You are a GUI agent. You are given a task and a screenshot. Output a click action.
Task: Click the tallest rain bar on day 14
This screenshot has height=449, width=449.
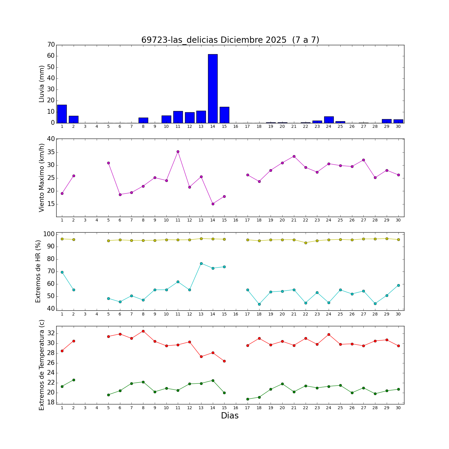tap(213, 88)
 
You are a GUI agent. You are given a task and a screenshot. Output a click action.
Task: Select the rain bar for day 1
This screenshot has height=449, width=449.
tap(62, 114)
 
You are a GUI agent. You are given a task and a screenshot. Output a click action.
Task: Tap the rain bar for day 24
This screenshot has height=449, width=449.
tap(329, 120)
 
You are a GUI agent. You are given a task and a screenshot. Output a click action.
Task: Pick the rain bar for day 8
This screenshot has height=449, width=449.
tap(143, 120)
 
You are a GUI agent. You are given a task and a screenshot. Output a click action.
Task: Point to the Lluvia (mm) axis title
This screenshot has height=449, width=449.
tap(42, 84)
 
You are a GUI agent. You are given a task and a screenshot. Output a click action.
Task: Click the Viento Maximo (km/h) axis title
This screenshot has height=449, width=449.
tap(42, 178)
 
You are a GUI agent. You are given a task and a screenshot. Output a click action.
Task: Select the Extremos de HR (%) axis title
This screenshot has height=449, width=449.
tap(38, 271)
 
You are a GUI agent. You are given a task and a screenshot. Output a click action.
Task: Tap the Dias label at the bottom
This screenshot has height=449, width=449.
tap(230, 416)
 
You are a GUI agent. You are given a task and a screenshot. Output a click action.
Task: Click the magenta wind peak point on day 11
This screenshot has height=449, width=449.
tap(178, 151)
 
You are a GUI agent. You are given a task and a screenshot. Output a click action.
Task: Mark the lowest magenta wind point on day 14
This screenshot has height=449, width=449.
tap(213, 204)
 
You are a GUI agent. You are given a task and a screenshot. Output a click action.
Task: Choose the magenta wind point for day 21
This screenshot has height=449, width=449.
tap(294, 156)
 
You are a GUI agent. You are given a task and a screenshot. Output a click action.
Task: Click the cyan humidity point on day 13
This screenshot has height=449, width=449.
tap(201, 263)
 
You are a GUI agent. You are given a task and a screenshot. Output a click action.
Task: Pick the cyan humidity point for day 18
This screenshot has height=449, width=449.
tap(259, 304)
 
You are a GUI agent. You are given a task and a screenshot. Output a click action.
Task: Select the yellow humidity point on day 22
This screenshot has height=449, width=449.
tap(306, 243)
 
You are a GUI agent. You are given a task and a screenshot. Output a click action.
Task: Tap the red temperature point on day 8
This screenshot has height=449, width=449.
tap(143, 331)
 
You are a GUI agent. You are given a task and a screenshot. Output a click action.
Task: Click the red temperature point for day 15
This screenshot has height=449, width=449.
tap(224, 361)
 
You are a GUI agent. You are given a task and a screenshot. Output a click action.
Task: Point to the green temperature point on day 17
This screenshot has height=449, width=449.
tap(248, 399)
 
